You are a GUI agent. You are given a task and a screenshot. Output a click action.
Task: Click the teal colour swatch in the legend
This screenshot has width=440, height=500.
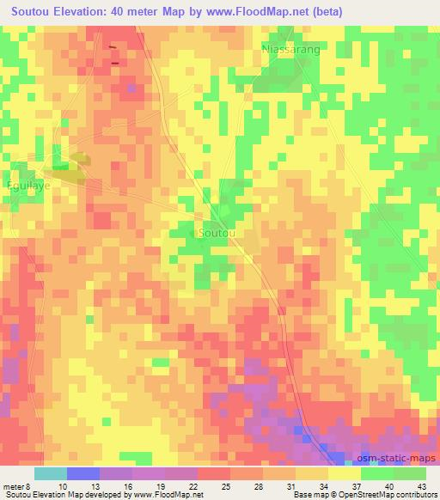point(50,473)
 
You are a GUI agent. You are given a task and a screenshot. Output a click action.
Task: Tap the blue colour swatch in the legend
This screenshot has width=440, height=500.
point(83,473)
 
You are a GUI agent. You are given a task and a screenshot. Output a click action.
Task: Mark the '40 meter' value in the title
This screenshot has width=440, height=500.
point(163,12)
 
